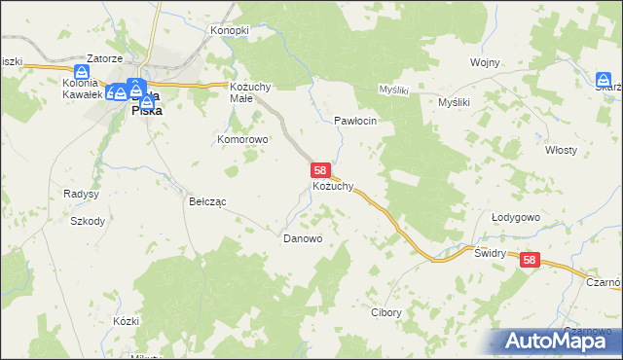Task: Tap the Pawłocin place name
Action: coord(355,120)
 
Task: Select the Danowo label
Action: coord(303,237)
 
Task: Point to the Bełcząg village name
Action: coord(206,201)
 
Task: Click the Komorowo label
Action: coord(242,139)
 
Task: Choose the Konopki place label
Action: coord(231,30)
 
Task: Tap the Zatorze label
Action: coord(102,57)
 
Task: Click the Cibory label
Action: coord(386,313)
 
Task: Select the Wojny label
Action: coord(484,62)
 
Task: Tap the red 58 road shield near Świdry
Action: coord(529,260)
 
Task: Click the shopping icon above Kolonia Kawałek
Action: coord(83,72)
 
